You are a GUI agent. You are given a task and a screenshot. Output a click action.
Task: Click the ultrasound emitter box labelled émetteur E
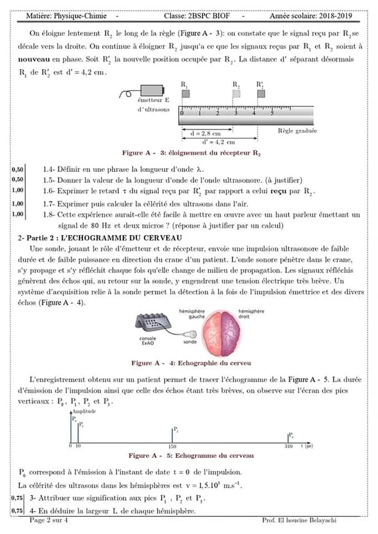[152, 91]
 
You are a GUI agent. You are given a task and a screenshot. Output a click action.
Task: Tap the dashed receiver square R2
[236, 94]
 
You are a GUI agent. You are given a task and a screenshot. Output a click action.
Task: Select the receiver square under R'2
[260, 93]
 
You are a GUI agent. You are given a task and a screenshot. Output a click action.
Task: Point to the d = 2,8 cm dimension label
[205, 133]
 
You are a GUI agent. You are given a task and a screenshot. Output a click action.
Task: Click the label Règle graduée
[297, 131]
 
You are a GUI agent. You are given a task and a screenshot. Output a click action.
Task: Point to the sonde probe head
[192, 335]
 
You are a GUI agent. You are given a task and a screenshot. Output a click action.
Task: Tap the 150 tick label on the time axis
[172, 447]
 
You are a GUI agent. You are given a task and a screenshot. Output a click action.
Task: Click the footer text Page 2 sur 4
[49, 521]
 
